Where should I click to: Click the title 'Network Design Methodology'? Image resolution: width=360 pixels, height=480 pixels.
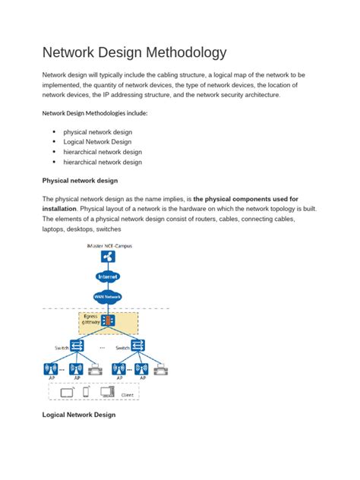tap(133, 53)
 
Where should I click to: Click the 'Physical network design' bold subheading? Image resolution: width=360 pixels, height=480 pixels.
tap(80, 181)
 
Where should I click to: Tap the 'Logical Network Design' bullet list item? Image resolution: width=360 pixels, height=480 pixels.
tap(97, 142)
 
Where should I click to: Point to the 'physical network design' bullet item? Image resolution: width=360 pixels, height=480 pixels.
tap(97, 132)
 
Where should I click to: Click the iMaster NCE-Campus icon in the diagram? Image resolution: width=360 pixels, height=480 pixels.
tap(108, 257)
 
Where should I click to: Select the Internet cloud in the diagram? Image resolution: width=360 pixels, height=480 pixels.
tap(108, 277)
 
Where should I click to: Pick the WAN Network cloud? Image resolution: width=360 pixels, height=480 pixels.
tap(108, 297)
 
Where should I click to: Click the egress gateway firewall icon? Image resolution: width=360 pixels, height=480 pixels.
tap(108, 320)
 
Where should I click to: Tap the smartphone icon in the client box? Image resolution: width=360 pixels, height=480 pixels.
tap(86, 393)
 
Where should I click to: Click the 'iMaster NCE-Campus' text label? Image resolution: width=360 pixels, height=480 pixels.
tap(108, 245)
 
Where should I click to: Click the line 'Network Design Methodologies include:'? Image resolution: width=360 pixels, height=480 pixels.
tap(95, 113)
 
